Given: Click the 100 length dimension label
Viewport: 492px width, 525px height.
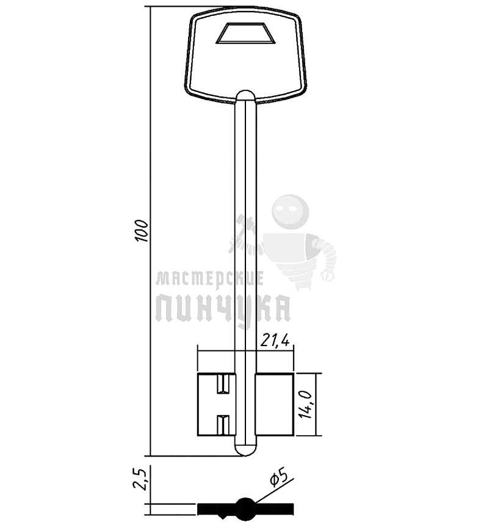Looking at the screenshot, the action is pos(142,231).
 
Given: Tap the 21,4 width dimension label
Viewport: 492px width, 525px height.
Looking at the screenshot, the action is pos(275,341).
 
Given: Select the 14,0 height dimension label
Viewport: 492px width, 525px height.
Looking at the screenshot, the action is pos(305,405).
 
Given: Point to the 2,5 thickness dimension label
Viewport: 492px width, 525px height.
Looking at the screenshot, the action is pos(140,479).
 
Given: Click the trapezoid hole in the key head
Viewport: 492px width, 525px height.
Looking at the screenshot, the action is pos(245,33).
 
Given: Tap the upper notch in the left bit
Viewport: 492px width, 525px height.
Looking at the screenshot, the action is pos(223,384).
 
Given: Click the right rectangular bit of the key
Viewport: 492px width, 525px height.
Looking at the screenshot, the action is pos(275,405).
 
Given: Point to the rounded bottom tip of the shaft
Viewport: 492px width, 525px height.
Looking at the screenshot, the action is pos(245,451).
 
